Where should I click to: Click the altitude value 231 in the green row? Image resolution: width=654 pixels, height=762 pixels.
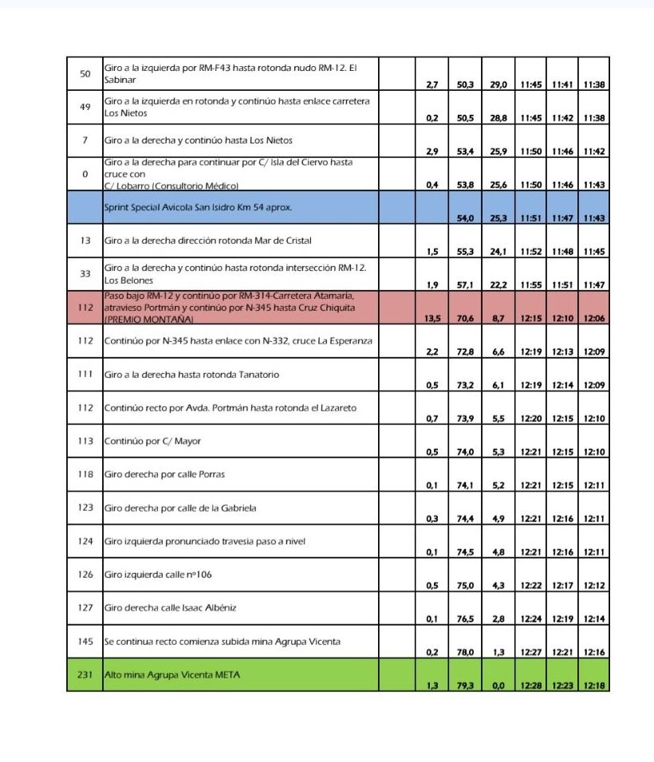tap(85, 674)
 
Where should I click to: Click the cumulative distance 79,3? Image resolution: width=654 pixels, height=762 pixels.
tap(466, 685)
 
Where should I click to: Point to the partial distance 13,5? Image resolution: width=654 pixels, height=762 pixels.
tap(431, 317)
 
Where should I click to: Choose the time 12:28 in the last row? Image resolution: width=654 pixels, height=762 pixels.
tap(530, 685)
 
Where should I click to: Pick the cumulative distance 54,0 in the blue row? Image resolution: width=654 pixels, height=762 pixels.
tap(466, 218)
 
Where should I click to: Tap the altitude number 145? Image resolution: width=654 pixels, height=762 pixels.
tap(85, 641)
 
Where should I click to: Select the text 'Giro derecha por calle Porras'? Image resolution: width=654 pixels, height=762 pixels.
tap(164, 474)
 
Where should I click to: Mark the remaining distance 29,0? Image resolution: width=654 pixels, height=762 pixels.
tap(498, 84)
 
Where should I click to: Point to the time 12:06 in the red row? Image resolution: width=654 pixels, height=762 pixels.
tap(594, 317)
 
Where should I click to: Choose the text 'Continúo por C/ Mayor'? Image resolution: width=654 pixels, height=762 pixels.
tap(152, 441)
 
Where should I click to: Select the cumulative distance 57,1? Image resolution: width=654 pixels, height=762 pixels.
tap(466, 285)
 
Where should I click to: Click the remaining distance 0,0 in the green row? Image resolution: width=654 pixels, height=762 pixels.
tap(498, 685)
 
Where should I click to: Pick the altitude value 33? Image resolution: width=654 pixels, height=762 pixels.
tap(85, 273)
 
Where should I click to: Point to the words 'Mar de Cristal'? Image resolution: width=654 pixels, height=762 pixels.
tap(283, 241)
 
